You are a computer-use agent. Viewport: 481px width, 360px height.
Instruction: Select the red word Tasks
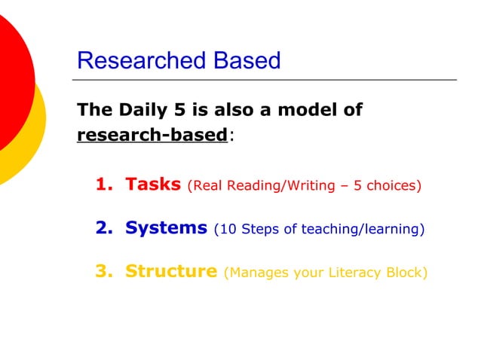(x=153, y=184)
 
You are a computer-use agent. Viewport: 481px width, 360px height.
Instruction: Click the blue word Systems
(x=166, y=227)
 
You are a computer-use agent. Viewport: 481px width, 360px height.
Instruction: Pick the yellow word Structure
(x=171, y=271)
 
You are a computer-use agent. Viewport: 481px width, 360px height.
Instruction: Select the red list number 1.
(x=103, y=184)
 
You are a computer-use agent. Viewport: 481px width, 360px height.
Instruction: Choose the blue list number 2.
(x=103, y=227)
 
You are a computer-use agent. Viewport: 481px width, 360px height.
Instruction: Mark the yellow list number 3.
(x=103, y=271)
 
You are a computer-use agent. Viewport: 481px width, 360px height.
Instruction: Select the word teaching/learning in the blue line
(x=363, y=228)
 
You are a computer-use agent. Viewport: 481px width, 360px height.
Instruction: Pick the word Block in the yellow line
(x=407, y=272)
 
